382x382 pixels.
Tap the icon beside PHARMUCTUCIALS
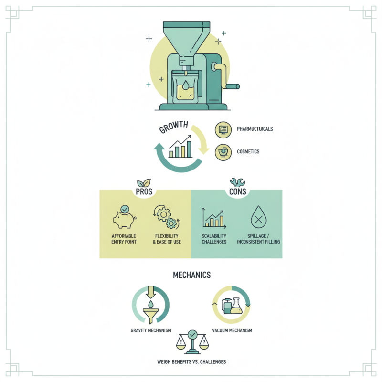[223, 129]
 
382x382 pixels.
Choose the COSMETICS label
[248, 151]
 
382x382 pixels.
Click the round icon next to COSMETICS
[223, 152]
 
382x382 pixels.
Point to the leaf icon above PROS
[144, 183]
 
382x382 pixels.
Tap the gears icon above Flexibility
[166, 218]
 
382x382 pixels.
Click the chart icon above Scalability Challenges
[213, 218]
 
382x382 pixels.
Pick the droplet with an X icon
[258, 219]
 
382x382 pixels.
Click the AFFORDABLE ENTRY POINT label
[124, 239]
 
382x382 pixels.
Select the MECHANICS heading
[191, 276]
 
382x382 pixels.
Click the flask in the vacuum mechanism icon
[236, 306]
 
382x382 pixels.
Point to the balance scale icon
[191, 341]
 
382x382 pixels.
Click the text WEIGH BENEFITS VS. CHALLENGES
[191, 361]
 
